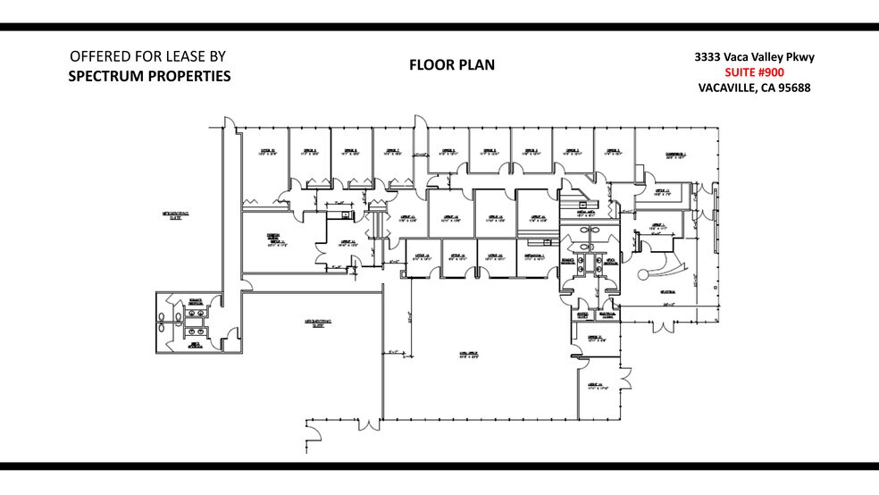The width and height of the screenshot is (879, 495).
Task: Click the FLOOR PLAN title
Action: point(452,65)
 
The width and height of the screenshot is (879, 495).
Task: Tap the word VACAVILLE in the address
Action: point(730,88)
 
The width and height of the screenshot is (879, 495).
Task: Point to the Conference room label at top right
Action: point(675,155)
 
